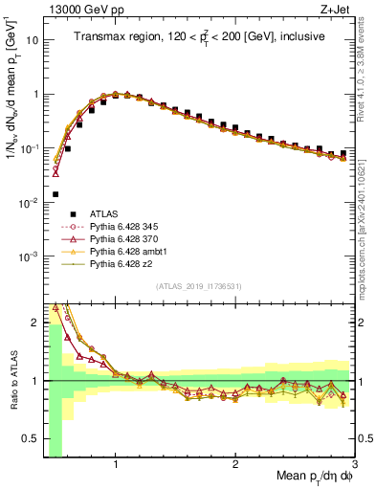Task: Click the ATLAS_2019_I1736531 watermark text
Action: [198, 286]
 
